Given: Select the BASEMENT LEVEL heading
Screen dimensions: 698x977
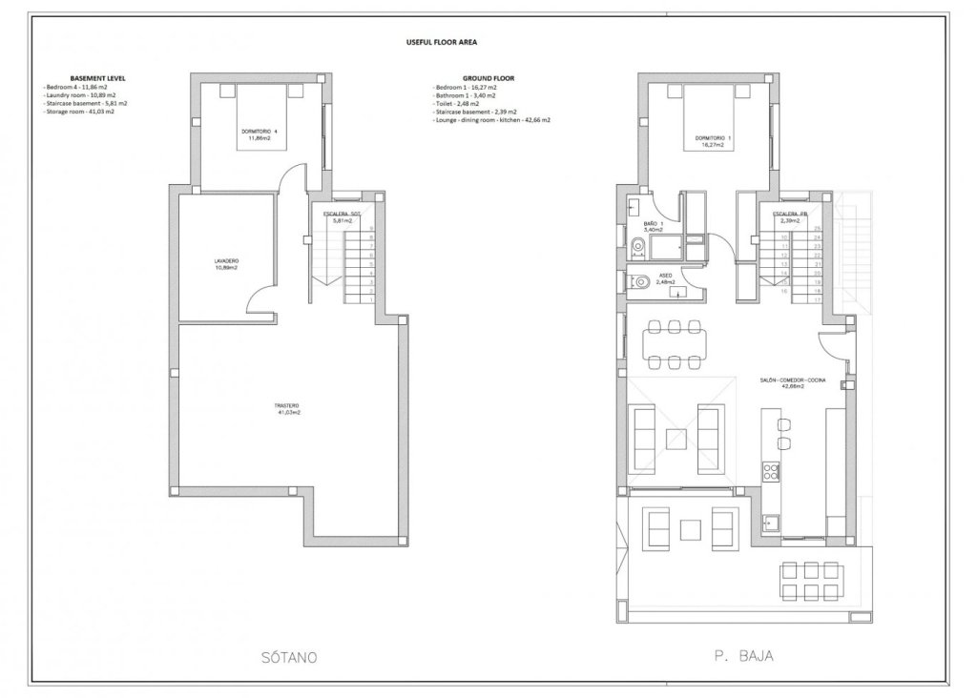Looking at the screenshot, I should (98, 78).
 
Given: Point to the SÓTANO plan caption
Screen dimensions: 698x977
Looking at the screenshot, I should (286, 657).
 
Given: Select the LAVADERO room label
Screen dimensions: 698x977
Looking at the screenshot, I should (225, 264).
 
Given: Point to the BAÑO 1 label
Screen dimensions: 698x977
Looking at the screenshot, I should (654, 226).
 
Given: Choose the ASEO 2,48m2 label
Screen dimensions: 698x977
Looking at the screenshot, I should (666, 278).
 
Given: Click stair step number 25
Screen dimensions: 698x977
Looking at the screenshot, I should (818, 229).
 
